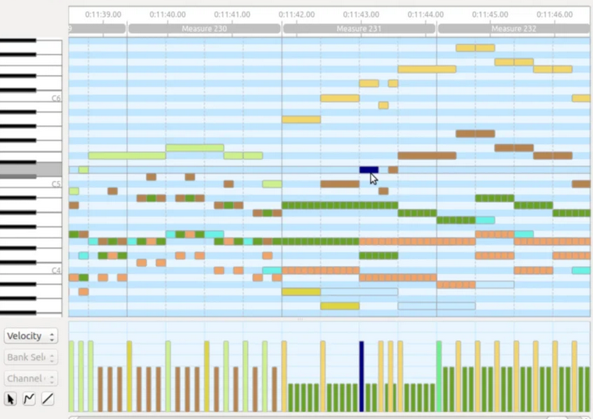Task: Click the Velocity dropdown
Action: point(31,336)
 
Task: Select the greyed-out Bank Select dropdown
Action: point(31,357)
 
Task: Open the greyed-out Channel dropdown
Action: point(31,378)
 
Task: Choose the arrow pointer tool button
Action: point(11,399)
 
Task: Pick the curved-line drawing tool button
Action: point(30,399)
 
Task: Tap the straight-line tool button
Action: point(48,399)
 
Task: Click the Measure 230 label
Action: point(204,29)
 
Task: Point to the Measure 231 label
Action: point(359,29)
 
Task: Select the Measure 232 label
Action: point(513,29)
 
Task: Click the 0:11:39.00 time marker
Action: point(103,14)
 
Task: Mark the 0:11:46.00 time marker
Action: point(554,14)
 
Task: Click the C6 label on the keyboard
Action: point(55,98)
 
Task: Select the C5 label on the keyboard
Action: point(55,184)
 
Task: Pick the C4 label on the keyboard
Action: point(55,270)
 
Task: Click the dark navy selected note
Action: point(368,169)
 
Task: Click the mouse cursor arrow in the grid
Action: point(374,179)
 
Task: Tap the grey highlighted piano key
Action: point(31,169)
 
